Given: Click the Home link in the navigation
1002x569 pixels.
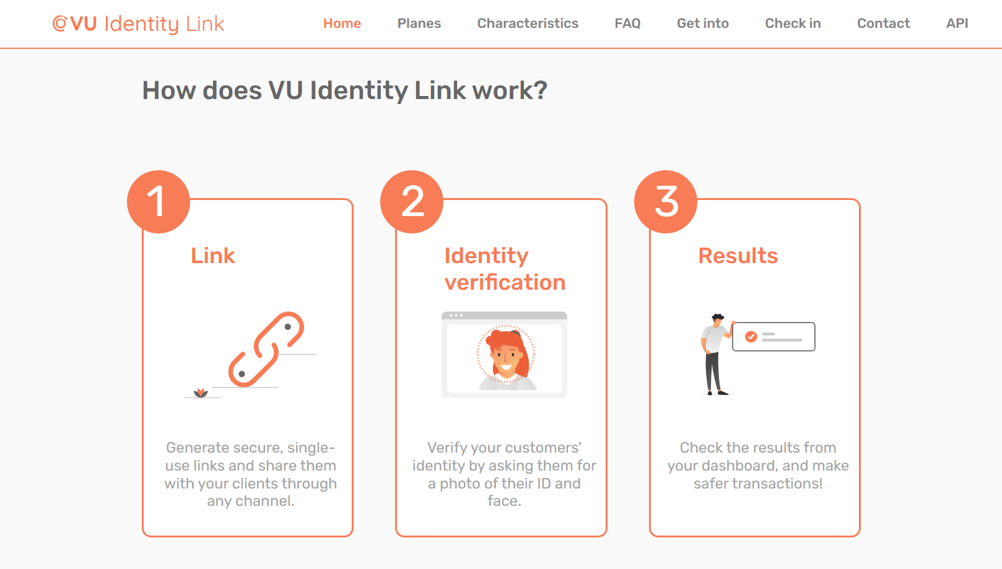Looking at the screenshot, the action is pos(342,24).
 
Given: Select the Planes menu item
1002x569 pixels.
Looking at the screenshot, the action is pos(419,24).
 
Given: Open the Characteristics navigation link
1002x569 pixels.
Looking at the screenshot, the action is pos(528,24).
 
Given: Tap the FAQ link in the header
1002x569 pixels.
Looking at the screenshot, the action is pos(627,24).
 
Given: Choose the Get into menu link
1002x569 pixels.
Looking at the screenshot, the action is pos(703,24).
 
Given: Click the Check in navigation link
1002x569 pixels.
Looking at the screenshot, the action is pos(793,24).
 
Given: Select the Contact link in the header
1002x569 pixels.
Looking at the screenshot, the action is pos(884,24).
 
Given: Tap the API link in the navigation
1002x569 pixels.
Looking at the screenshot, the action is pos(957,24).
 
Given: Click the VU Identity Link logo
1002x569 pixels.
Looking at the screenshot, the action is pos(138,24).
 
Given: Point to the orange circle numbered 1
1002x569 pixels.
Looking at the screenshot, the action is pos(159,202).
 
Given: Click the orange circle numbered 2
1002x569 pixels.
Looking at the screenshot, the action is pos(412,202).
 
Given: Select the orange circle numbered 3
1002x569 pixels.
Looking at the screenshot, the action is pos(666,202).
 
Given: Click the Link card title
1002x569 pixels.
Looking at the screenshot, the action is pos(213,256).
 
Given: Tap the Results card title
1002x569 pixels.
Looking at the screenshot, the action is pos(738,256).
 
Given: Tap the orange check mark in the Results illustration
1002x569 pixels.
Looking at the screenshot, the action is pos(751,336).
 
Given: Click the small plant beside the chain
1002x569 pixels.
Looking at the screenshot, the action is pos(201,393).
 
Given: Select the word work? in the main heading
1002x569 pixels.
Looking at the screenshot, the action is pos(510,91).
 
